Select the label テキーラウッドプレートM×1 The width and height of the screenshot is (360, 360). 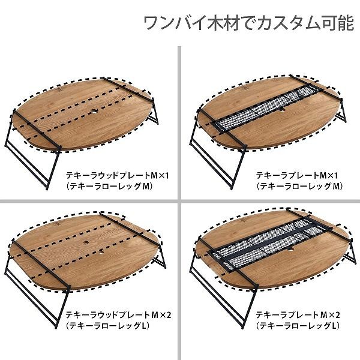[x=118, y=176]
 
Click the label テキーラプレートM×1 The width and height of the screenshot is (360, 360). [x=297, y=176]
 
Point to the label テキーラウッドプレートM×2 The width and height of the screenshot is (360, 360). [x=118, y=315]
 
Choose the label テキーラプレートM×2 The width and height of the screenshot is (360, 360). [x=298, y=315]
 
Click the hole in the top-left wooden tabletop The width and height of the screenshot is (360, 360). [x=94, y=112]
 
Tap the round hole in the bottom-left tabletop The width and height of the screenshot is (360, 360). [x=86, y=242]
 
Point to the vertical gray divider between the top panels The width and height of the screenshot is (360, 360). [x=179, y=122]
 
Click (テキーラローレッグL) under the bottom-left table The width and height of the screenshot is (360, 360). [x=107, y=326]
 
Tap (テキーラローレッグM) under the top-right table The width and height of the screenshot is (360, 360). [x=299, y=186]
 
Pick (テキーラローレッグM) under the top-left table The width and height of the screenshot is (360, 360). [x=109, y=187]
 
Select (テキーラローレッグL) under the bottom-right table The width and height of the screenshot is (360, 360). [x=298, y=325]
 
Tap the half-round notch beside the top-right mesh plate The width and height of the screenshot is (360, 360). [x=282, y=110]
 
